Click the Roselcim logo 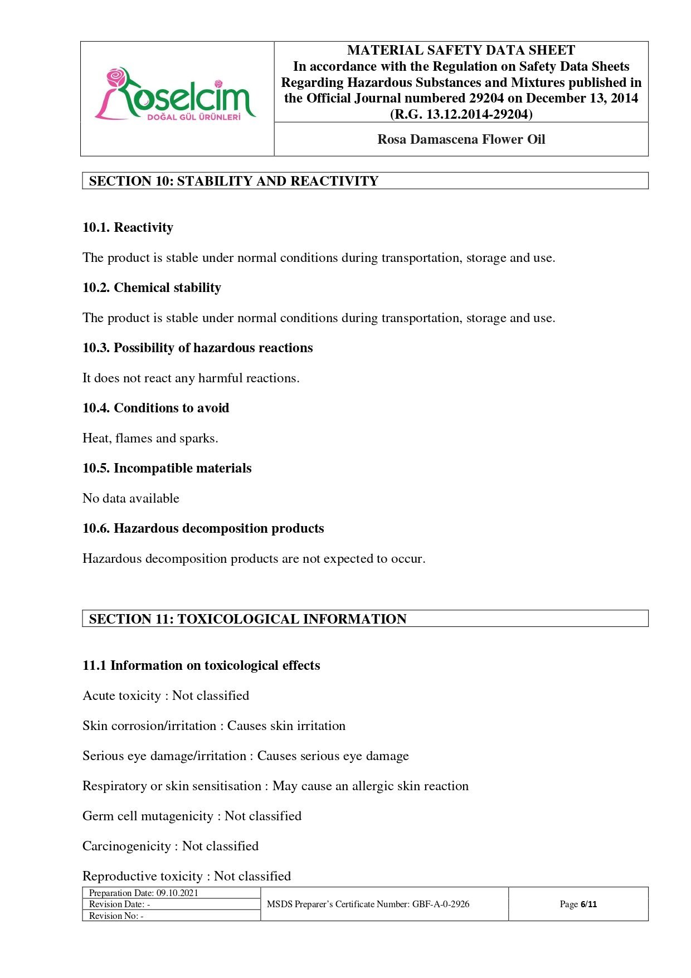click(176, 95)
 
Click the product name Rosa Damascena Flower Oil click(461, 139)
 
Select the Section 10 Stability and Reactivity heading click(233, 181)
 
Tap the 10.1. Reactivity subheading click(128, 227)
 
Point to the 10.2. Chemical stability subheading click(152, 288)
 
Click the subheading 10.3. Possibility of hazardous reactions click(198, 348)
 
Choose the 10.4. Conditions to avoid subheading click(156, 408)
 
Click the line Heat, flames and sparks click(150, 438)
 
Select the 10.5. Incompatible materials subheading click(167, 468)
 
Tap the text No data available click(131, 498)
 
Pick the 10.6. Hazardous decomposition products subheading click(203, 528)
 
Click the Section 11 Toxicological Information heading click(247, 619)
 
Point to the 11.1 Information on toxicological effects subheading click(201, 665)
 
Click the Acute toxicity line click(166, 695)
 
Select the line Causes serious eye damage click(333, 756)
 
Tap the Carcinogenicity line click(171, 846)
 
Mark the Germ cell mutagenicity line click(192, 816)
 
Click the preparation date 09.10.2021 click(177, 893)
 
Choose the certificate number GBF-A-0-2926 click(441, 904)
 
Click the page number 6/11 click(588, 904)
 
